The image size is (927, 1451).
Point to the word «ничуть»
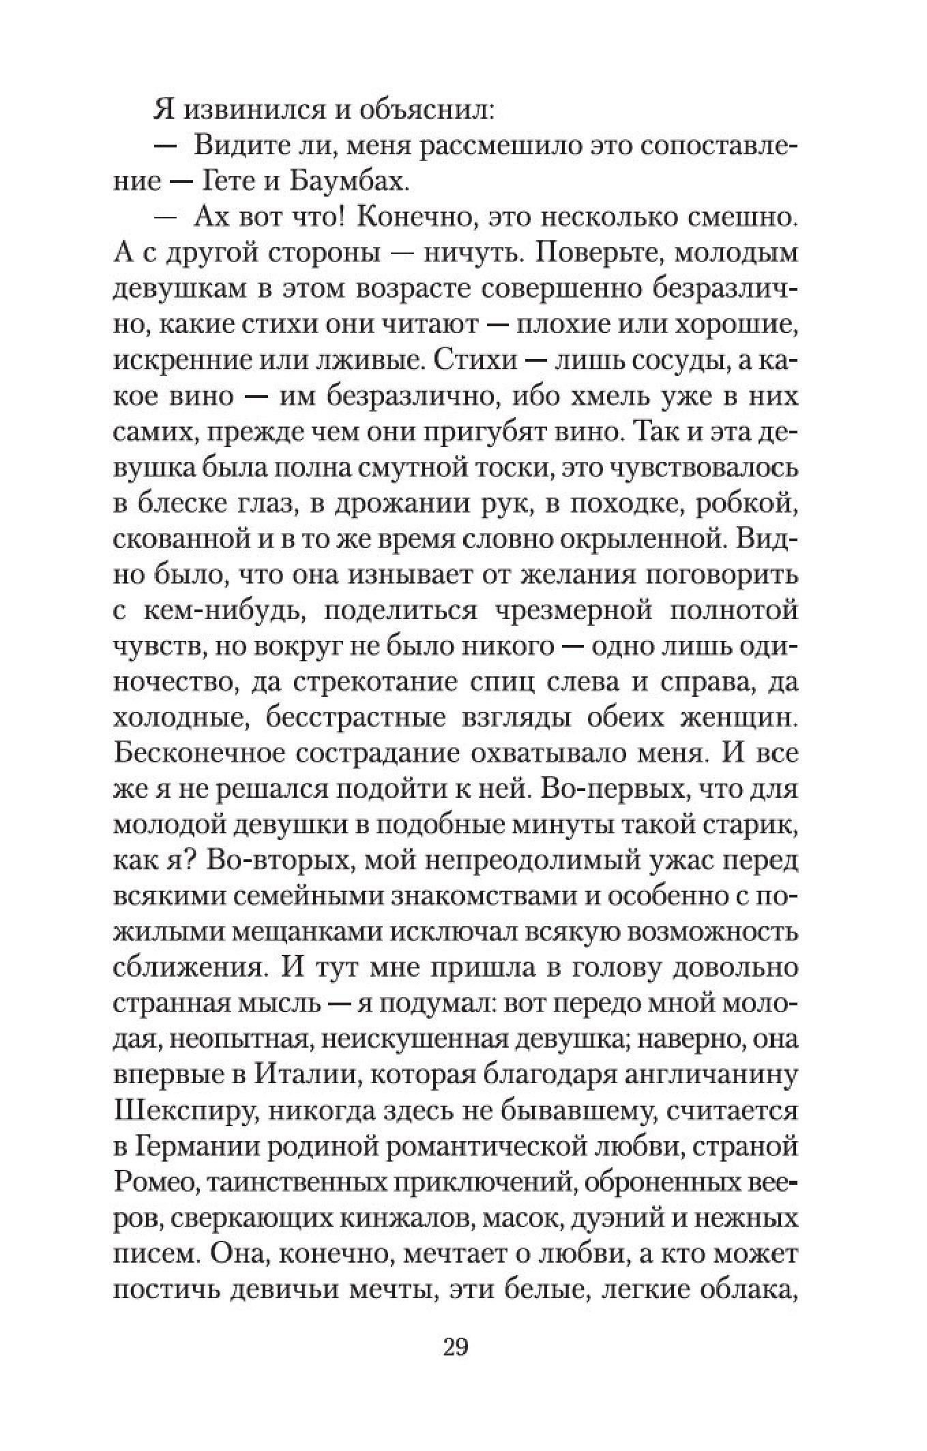click(472, 254)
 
